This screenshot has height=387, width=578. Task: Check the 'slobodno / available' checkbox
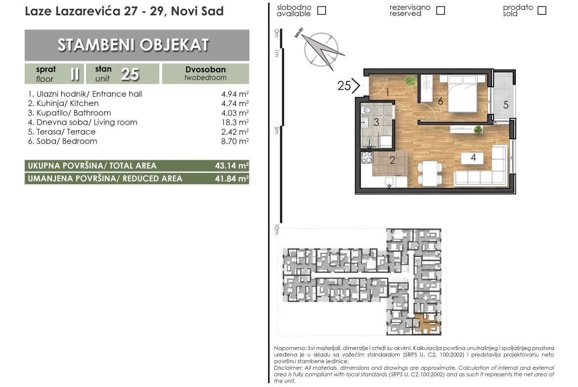click(322, 11)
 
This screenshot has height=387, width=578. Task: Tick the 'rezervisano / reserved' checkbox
click(440, 11)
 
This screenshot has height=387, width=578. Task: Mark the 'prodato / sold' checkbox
click(541, 11)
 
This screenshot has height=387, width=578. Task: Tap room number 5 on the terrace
click(506, 105)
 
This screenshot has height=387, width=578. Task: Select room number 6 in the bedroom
click(440, 101)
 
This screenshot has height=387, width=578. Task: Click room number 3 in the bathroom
click(376, 122)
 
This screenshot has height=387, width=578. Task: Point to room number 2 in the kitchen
click(392, 160)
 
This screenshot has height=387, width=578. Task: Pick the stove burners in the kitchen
click(367, 157)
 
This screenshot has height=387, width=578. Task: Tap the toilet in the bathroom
click(367, 110)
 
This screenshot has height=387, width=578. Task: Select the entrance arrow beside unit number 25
click(355, 86)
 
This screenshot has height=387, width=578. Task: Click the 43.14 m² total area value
click(232, 166)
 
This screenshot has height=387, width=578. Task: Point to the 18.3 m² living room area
click(235, 122)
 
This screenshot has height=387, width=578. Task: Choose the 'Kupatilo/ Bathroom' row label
click(73, 113)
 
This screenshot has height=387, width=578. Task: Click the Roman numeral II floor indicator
click(75, 74)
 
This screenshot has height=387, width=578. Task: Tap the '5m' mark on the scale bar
click(277, 130)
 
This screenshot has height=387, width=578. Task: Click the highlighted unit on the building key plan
click(427, 324)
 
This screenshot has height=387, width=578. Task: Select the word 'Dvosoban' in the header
click(206, 70)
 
